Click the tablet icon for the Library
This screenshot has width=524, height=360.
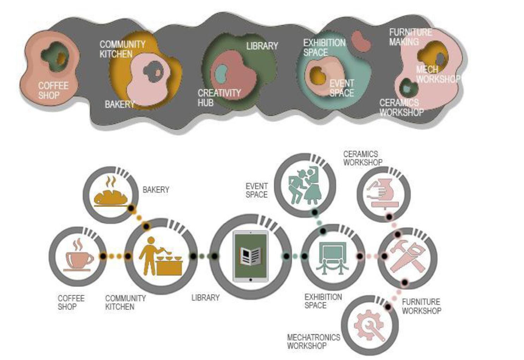tap(251, 256)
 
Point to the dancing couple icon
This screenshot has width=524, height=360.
tap(304, 185)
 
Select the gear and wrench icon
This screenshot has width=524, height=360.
tap(369, 325)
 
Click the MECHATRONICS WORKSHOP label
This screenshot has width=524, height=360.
tap(313, 341)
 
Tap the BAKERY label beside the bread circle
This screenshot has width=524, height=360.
tap(156, 190)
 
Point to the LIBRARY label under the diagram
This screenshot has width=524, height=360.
tap(205, 298)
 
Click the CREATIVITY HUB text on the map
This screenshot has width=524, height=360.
tap(219, 98)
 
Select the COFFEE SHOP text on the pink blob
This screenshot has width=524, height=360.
tap(53, 90)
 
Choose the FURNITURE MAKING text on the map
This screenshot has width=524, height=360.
tap(410, 37)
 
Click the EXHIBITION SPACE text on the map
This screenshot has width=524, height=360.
tap(324, 48)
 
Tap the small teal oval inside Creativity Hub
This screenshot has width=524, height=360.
tap(221, 73)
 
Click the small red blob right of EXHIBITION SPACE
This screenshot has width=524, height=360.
tap(361, 41)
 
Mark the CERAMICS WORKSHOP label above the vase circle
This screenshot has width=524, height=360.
tap(362, 158)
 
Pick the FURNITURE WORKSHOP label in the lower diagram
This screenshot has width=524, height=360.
tap(421, 306)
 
